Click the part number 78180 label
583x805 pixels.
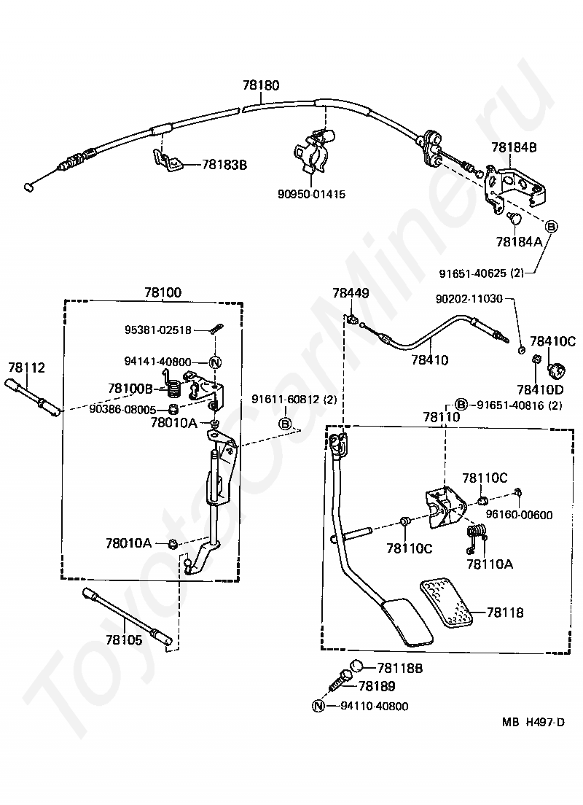[x=261, y=85]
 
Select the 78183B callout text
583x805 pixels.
[x=224, y=165]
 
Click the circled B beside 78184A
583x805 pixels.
[x=551, y=226]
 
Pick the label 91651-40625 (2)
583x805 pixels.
[x=482, y=273]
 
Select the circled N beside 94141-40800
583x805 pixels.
[x=215, y=362]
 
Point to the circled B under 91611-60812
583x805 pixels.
[x=286, y=424]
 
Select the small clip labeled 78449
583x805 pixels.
[x=351, y=319]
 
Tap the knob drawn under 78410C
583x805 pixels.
[x=557, y=369]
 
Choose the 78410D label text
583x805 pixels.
[x=540, y=390]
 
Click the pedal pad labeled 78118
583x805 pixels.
[x=447, y=604]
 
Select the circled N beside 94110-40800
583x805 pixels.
[x=318, y=706]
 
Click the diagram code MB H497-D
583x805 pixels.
[x=533, y=722]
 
